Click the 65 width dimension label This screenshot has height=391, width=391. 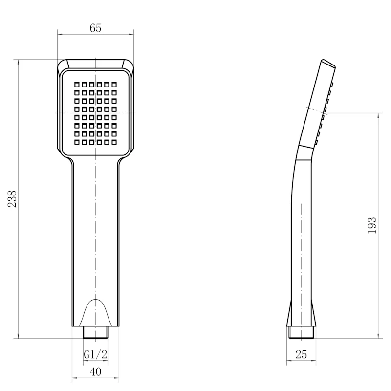(x=95, y=28)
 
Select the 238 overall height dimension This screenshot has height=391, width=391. (x=12, y=199)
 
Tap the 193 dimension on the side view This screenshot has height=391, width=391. (x=372, y=225)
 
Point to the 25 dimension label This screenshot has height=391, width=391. (x=301, y=354)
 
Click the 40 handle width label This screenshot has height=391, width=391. (x=95, y=372)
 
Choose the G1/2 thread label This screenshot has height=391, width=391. (x=95, y=354)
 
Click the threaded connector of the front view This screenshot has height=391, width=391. (x=95, y=332)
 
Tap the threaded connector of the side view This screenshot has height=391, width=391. (x=301, y=332)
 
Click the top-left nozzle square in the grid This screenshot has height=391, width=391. (x=77, y=85)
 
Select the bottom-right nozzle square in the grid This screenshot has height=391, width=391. (x=114, y=142)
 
